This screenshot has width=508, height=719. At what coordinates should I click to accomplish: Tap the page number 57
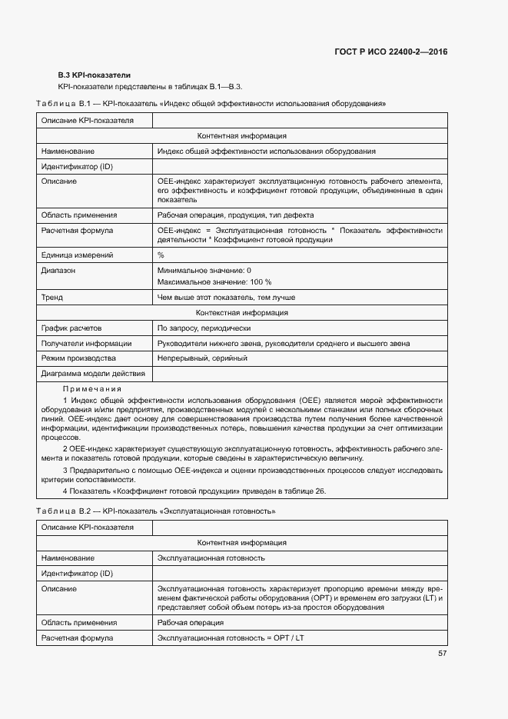[442, 653]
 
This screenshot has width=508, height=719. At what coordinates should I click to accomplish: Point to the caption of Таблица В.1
[211, 103]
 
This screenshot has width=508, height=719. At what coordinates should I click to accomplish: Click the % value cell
[161, 255]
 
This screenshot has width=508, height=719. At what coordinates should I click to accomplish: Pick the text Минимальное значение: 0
[204, 271]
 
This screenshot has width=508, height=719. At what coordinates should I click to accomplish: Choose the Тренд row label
[52, 297]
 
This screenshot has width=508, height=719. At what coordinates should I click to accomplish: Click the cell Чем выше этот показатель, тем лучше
[226, 297]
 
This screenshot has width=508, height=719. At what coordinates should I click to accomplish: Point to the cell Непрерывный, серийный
[202, 358]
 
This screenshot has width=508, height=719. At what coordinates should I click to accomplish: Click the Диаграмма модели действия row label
[93, 374]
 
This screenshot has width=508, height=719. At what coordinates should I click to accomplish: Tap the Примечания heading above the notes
[92, 389]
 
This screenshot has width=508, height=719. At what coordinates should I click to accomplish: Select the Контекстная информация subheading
[242, 313]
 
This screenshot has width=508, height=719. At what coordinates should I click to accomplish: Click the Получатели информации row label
[86, 344]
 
